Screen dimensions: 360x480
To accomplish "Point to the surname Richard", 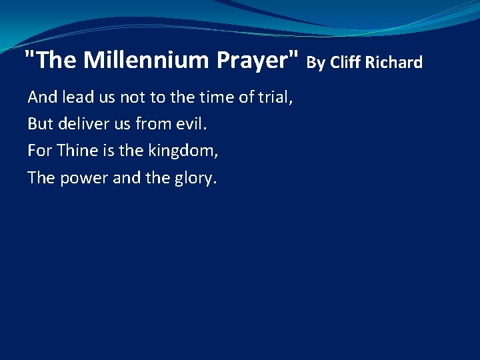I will point(394,63).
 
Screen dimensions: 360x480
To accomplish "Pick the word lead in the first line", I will point(77,97).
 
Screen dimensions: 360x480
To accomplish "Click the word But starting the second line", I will point(40,124).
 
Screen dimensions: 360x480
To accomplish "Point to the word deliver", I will point(81,124).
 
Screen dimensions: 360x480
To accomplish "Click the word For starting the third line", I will point(39,151).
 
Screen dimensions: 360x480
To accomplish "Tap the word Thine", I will point(77,151).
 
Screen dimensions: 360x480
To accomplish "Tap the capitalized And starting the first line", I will point(43,97).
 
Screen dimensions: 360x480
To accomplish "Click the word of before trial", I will point(246,97).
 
